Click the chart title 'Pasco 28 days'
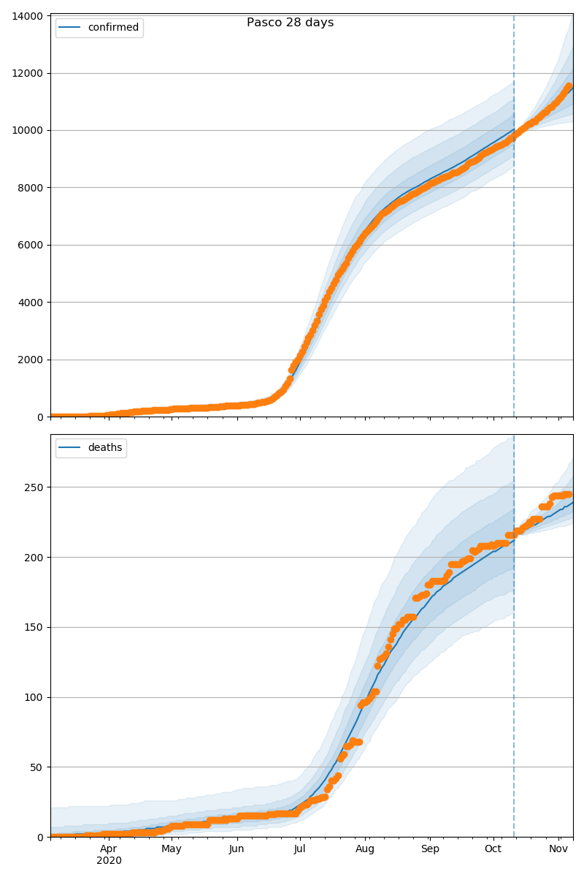point(290,23)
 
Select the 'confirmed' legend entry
point(113,28)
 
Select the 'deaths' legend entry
point(104,448)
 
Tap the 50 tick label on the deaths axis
point(37,767)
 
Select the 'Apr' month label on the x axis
point(109,848)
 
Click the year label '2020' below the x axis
point(109,860)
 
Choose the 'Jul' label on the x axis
point(300,848)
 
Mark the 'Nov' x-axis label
point(558,848)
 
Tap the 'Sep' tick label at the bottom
point(430,848)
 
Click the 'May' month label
point(172,848)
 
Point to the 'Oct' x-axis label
point(493,848)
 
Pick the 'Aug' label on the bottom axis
point(365,848)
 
